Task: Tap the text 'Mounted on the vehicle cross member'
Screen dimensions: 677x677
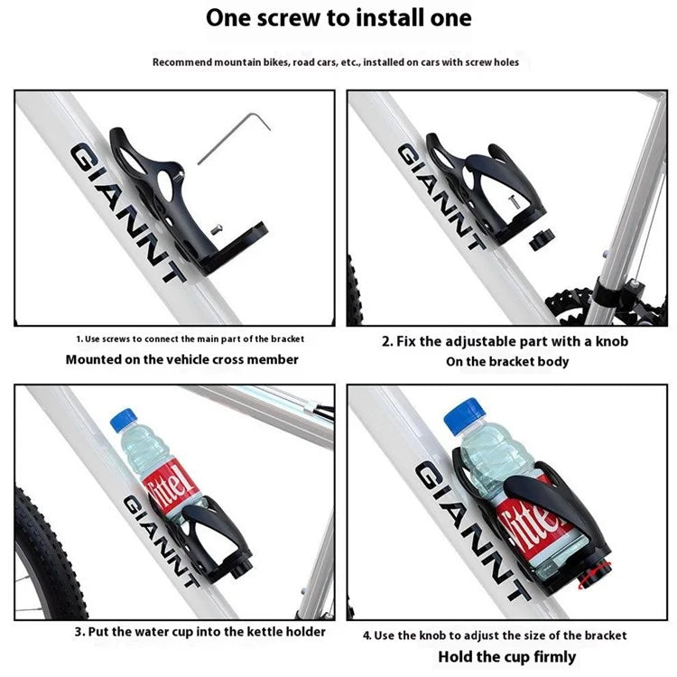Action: coord(181,359)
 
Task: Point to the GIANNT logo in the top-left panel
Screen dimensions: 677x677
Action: coord(126,212)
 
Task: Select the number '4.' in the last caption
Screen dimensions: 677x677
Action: coord(367,635)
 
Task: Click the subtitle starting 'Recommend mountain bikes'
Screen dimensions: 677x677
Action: coord(335,62)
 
